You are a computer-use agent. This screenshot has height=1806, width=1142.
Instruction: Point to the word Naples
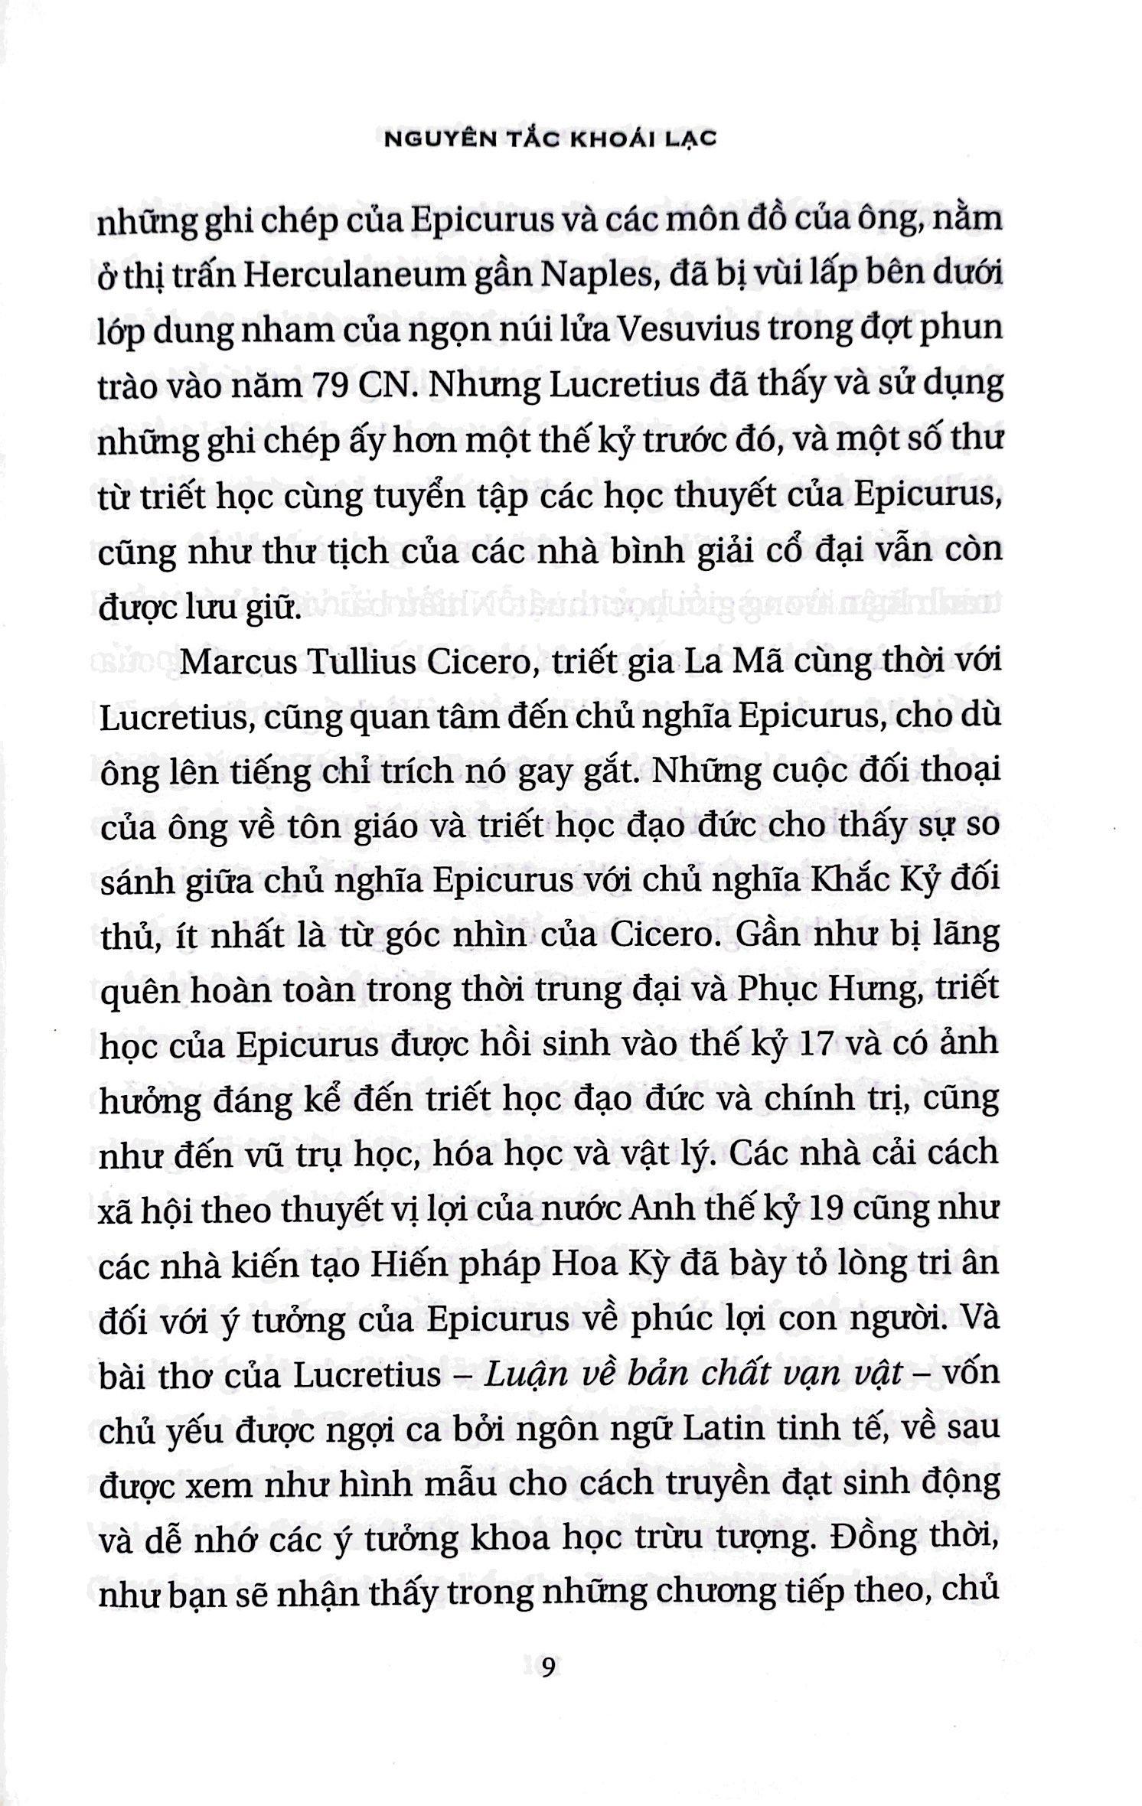(579, 275)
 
